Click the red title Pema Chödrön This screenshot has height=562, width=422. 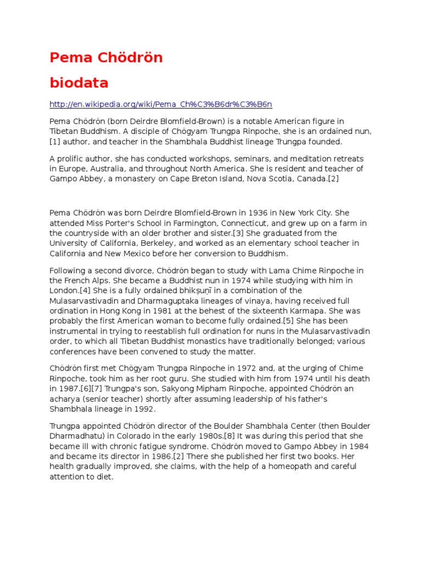point(106,58)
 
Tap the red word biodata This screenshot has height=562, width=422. point(79,83)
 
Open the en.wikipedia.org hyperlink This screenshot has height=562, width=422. point(161,104)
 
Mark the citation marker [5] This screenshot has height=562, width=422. point(290,321)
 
